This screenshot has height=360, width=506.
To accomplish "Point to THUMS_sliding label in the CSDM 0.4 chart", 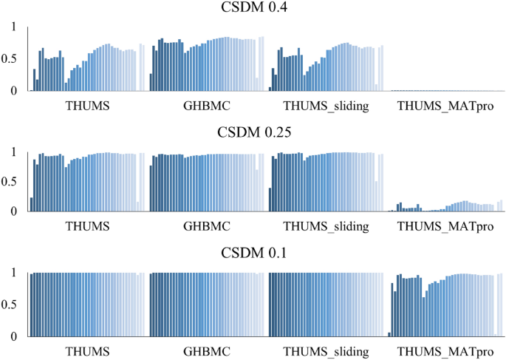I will point(326,106).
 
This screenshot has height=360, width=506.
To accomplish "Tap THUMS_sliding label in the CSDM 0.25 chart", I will point(326,226).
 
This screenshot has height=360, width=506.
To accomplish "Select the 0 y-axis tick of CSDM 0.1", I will point(13,336).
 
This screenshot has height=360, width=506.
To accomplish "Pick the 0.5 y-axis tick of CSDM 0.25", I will point(10,182).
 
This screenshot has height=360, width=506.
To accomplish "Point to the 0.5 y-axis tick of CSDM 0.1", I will point(10,305).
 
